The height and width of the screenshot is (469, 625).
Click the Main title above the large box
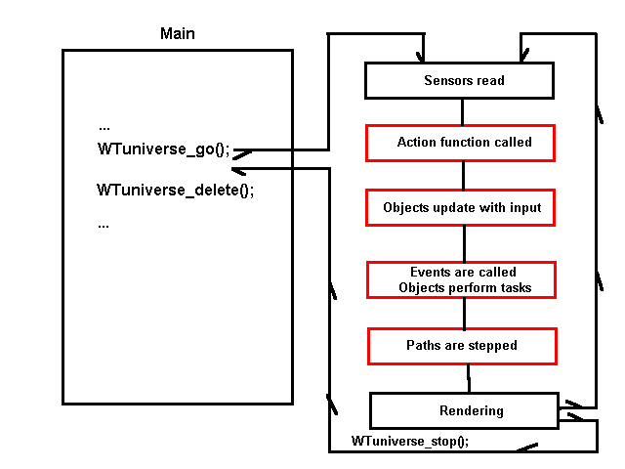177,34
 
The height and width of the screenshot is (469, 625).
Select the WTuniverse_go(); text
163,149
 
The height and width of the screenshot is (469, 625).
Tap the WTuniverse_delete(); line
175,190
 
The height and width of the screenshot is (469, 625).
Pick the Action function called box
460,143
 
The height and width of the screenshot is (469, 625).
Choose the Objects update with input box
461,207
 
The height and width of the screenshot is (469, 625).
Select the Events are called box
461,279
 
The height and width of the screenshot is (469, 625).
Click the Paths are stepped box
461,346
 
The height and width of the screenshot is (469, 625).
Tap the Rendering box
463,410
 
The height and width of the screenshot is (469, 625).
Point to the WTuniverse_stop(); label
410,441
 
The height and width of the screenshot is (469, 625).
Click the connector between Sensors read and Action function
463,111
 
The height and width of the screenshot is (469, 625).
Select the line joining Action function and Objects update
463,175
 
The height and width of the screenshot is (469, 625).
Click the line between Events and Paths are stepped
464,313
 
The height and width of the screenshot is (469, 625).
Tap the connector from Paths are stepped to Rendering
469,378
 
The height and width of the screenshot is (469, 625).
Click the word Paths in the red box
423,346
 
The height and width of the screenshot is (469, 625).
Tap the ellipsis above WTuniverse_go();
104,127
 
